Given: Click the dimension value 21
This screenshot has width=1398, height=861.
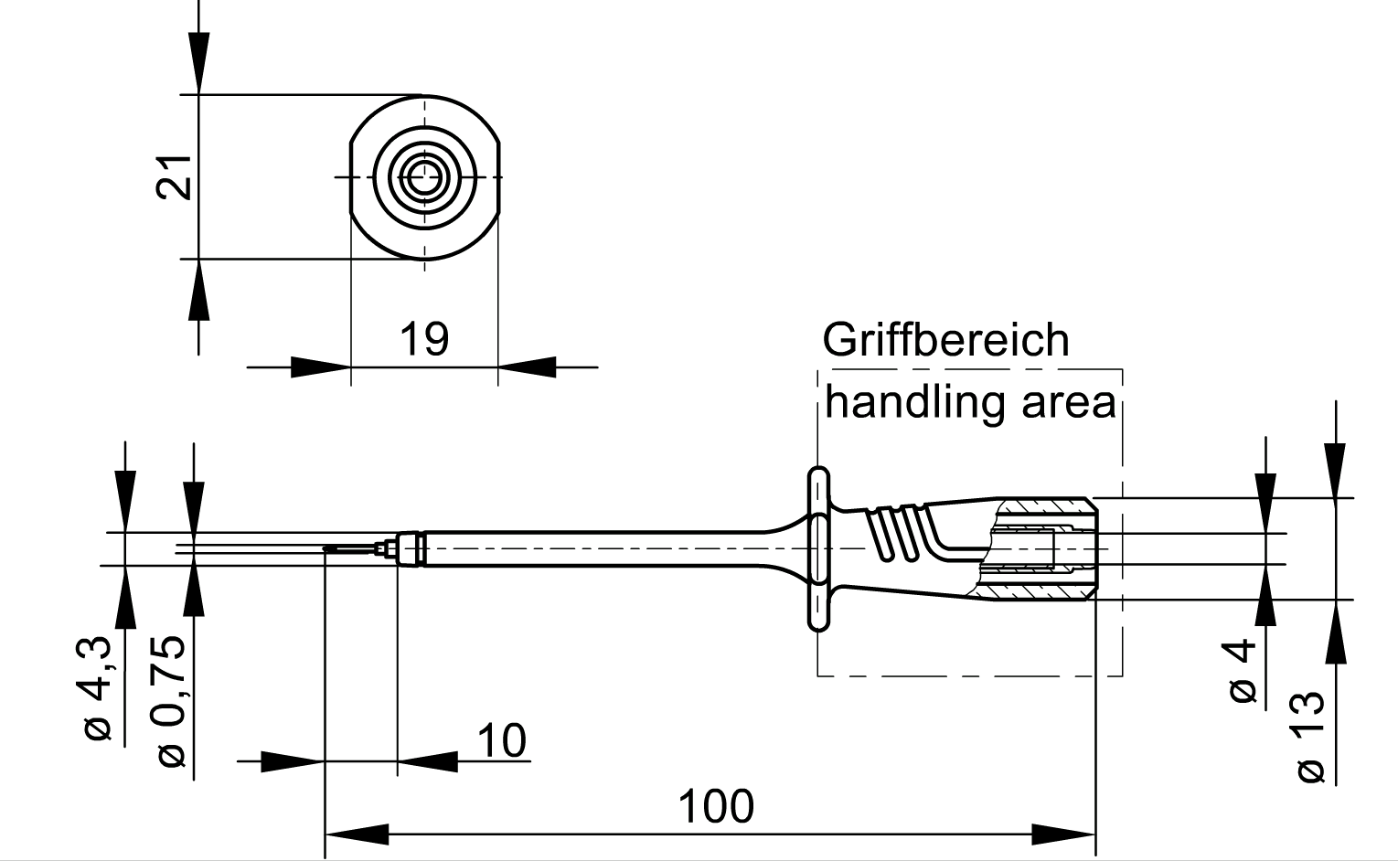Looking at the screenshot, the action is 173,177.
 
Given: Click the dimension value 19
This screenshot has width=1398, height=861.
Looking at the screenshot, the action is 423,339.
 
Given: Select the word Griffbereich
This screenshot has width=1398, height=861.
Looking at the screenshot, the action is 945,340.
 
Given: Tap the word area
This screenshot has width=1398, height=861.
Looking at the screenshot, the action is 1069,404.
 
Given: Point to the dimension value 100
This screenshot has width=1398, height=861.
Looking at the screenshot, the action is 716,807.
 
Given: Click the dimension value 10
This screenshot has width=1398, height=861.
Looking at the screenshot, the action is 502,740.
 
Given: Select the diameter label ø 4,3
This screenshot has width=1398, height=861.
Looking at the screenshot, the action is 98,688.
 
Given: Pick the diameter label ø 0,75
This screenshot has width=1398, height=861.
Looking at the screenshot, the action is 170,702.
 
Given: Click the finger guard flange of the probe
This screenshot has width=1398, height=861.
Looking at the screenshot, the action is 818,549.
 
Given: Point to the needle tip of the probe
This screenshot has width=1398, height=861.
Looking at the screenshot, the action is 325,549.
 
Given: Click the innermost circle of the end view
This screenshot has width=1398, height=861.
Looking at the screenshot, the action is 424,177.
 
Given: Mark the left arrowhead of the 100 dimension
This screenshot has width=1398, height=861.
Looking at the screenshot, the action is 357,834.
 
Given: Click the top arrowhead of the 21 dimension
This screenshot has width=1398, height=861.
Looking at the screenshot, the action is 198,62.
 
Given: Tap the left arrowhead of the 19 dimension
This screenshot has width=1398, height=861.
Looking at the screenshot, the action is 321,367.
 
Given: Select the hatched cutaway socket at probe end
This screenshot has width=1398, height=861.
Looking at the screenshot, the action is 1036,549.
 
